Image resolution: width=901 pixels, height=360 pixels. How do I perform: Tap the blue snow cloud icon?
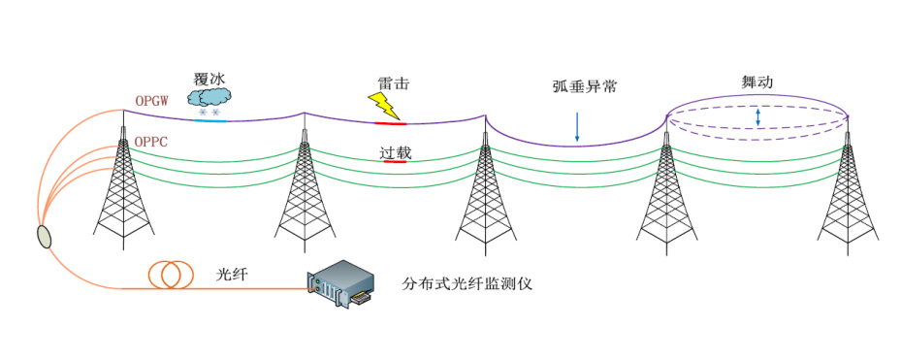click(x=210, y=97)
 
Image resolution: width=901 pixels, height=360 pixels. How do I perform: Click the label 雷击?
click(x=393, y=84)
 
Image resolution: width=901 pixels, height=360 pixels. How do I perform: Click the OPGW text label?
click(x=152, y=101)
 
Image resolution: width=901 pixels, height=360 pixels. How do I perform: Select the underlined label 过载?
click(x=394, y=152)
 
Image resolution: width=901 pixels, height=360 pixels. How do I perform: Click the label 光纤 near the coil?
click(x=234, y=275)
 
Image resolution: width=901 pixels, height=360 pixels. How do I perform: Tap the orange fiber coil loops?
click(x=170, y=275)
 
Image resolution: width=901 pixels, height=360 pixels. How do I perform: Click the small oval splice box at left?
click(x=45, y=237)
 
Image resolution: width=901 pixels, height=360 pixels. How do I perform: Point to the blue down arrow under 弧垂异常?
click(x=577, y=128)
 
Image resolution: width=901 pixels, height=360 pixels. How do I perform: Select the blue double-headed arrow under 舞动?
click(x=758, y=117)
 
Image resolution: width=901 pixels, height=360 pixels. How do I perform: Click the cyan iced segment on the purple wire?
click(x=209, y=121)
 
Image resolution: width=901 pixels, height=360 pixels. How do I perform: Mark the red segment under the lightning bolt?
click(x=391, y=123)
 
